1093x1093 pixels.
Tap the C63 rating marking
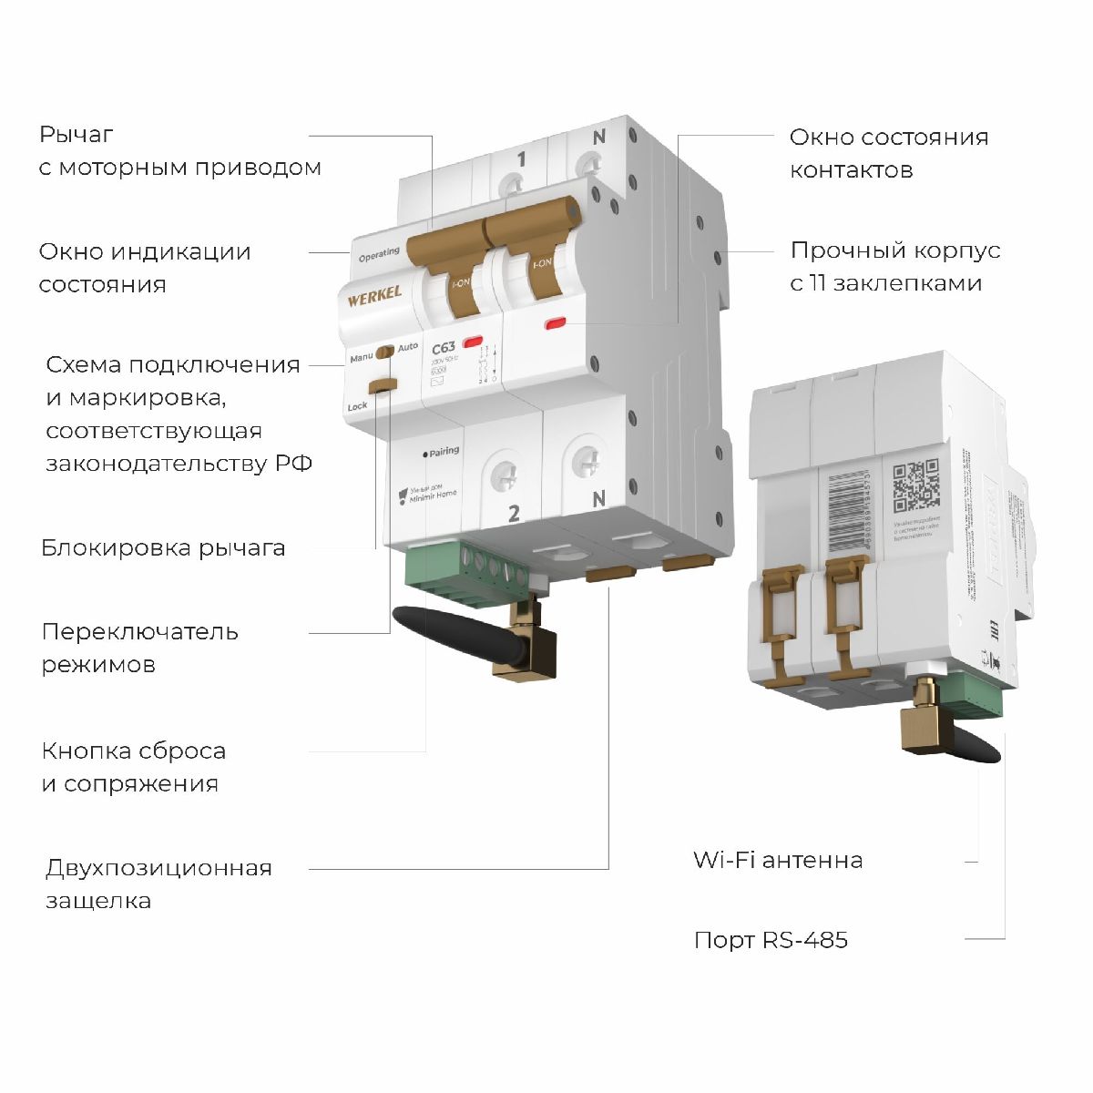point(444,348)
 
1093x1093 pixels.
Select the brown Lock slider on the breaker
point(383,385)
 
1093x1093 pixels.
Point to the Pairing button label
point(443,451)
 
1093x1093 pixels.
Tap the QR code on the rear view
point(915,486)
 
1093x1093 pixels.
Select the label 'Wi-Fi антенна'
point(778,860)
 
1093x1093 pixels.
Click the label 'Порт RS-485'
point(771,940)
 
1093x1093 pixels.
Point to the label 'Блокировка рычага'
point(163,548)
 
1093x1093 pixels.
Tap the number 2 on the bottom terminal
point(514,514)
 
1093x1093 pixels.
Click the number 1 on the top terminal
point(521,160)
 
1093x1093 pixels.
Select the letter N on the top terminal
point(598,138)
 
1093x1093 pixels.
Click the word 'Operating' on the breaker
point(379,255)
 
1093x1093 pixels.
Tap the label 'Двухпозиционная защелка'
point(158,884)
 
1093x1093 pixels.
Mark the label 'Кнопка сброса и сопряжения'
point(133,767)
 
